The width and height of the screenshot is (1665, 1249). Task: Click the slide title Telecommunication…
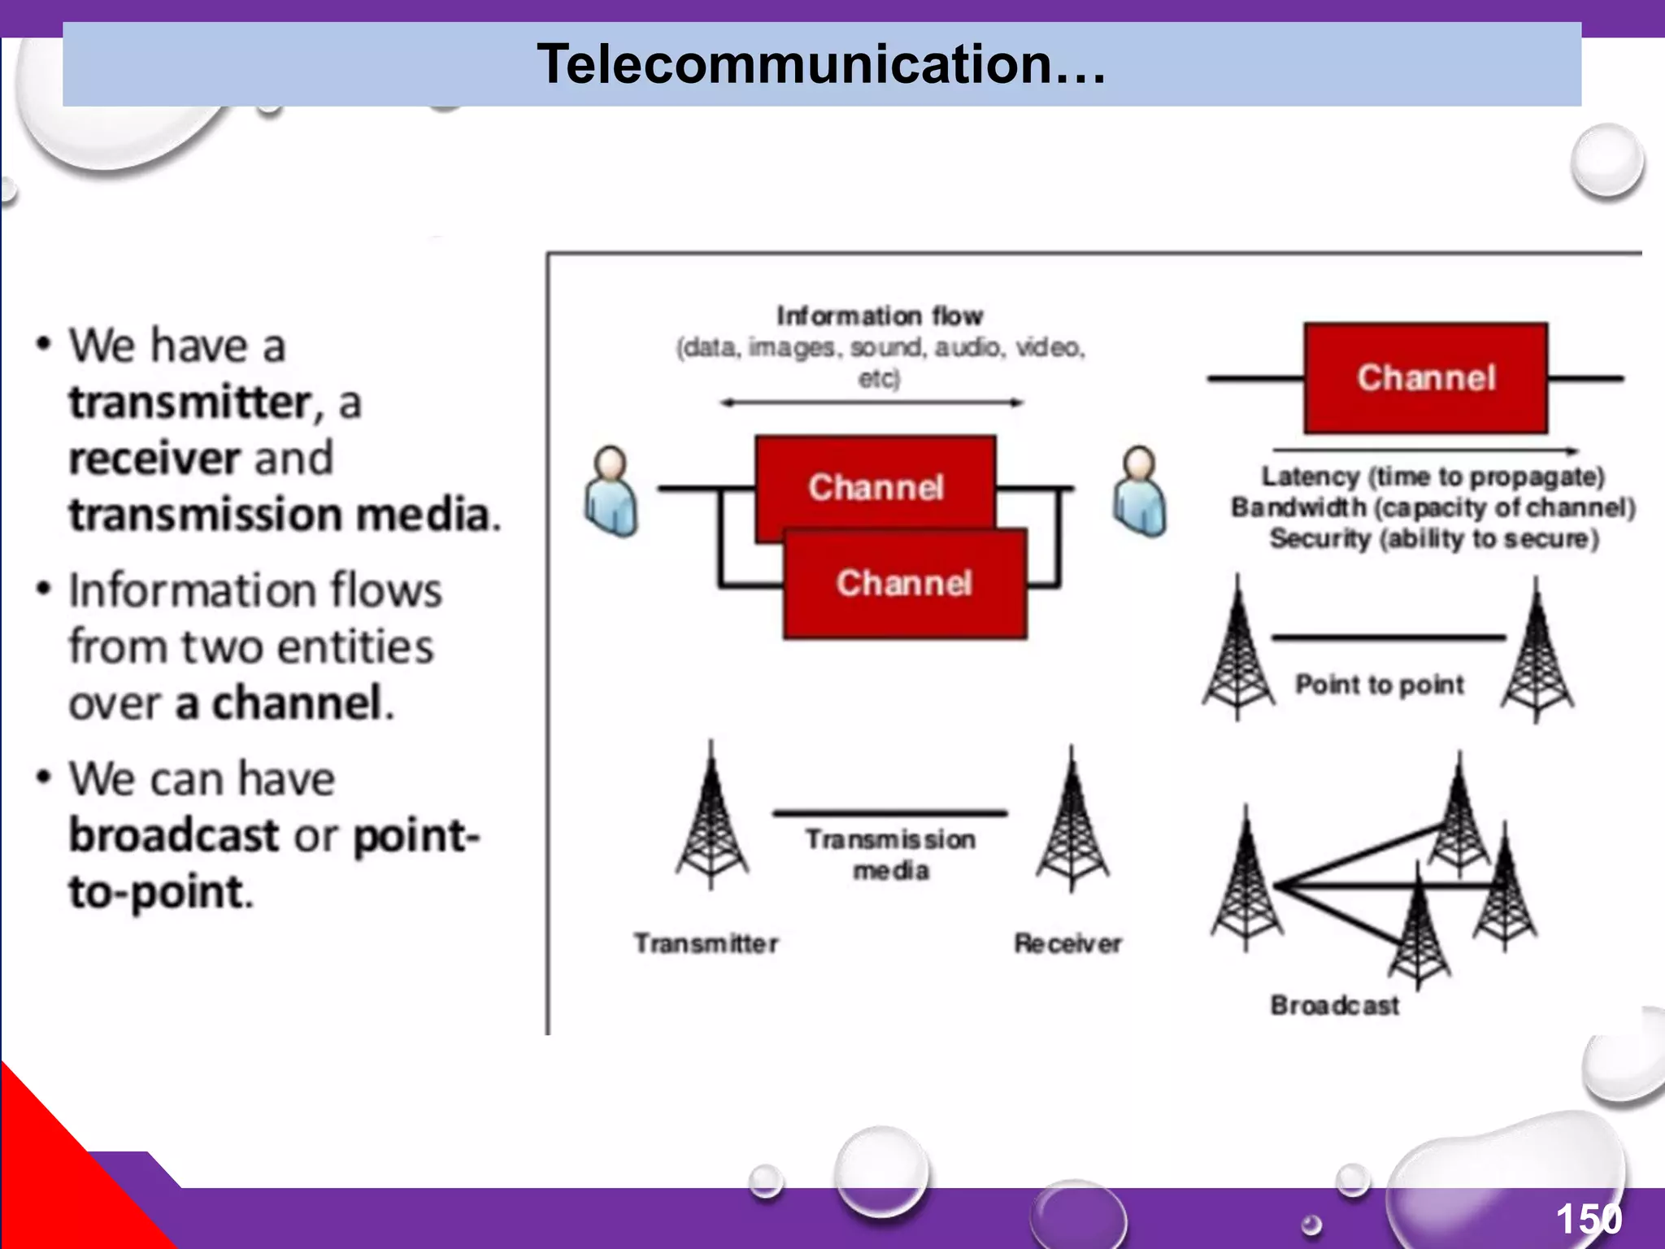(821, 64)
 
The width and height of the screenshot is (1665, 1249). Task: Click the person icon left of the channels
(611, 491)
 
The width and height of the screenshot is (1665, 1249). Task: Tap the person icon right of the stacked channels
(1139, 491)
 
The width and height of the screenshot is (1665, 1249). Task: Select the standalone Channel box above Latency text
(1425, 378)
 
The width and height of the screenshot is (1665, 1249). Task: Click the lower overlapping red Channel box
(904, 584)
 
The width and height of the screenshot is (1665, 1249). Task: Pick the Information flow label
(880, 316)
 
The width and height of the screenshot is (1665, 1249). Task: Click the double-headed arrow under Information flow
(872, 403)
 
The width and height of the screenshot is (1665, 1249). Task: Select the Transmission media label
(890, 855)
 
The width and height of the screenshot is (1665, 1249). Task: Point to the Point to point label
(1379, 685)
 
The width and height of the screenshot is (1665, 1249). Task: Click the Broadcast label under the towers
(1334, 1006)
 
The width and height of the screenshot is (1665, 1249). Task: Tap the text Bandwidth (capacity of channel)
(1432, 507)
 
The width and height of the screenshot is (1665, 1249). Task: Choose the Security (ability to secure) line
(1434, 538)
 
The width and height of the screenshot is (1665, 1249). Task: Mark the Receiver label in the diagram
(1067, 943)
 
